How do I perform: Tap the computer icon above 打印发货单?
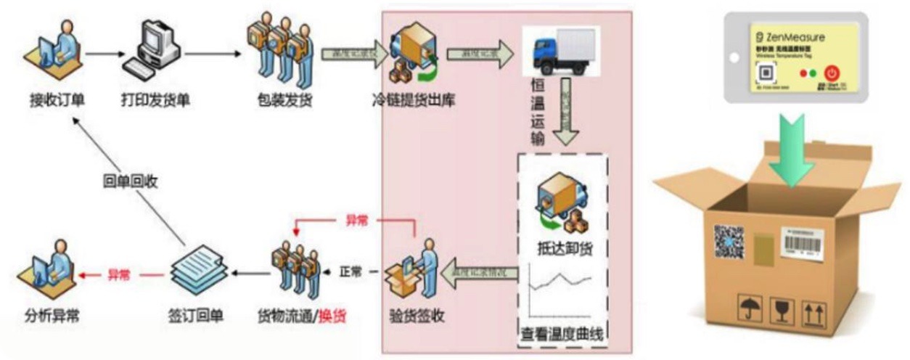tap(153, 49)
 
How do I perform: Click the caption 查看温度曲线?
tap(562, 336)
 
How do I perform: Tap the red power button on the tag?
tap(832, 73)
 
